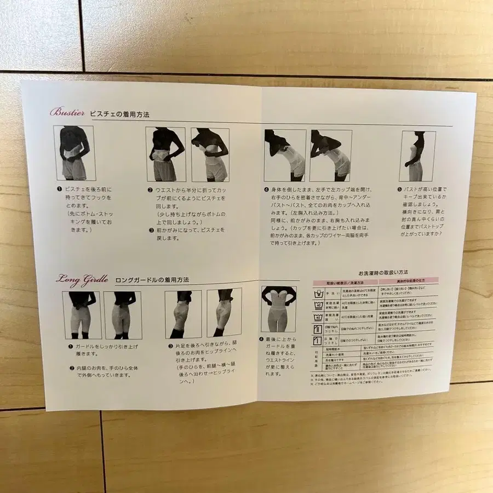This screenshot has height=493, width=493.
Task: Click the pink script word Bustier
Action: point(67,113)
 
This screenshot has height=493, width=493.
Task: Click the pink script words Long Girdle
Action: point(82,278)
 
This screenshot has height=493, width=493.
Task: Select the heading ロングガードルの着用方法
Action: point(152,279)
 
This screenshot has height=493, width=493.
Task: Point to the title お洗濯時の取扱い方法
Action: point(383,272)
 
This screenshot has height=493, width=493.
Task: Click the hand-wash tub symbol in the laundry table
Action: point(318,293)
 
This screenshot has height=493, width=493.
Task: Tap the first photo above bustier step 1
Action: point(74,153)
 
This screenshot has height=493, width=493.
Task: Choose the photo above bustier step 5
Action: point(417,156)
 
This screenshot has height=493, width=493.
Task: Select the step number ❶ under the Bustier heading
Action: point(59,189)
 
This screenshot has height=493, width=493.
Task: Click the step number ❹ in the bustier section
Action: point(266,189)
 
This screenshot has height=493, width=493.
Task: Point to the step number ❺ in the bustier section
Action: point(399,189)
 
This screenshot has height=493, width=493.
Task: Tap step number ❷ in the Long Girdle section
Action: point(72,368)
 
